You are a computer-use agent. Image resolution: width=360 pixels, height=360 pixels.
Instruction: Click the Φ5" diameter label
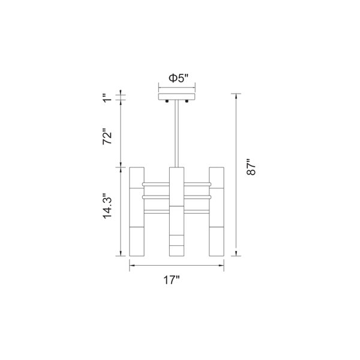[178, 78]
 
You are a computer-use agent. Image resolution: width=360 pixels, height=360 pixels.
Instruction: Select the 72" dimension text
[107, 136]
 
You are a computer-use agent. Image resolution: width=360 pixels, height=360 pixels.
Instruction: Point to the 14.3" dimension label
[107, 206]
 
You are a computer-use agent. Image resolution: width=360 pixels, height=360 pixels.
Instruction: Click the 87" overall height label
[251, 167]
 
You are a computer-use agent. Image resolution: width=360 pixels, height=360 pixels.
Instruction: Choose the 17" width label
[171, 280]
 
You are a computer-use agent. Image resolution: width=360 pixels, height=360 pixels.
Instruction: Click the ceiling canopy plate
[177, 97]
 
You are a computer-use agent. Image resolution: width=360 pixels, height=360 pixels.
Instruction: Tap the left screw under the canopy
[167, 101]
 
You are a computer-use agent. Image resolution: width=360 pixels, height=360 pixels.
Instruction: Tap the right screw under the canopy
[187, 101]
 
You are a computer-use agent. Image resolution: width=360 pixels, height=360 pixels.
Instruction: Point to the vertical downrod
[176, 134]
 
